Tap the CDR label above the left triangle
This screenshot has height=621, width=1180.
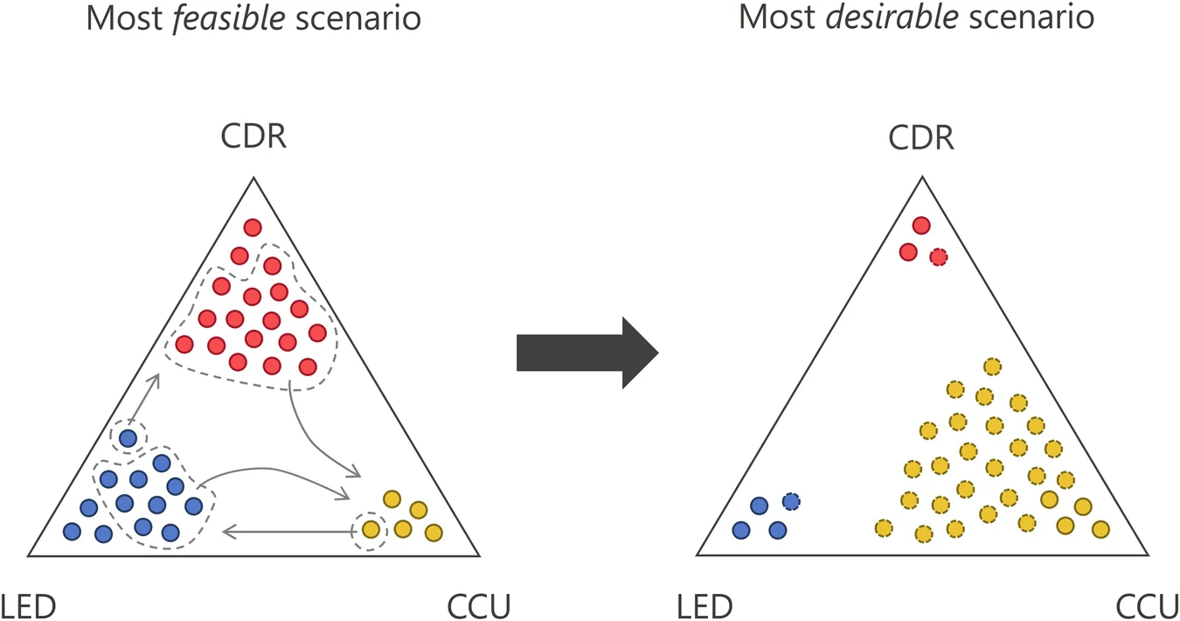click(x=253, y=136)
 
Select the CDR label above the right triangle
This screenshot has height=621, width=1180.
click(x=921, y=138)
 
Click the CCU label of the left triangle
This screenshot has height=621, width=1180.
click(x=478, y=605)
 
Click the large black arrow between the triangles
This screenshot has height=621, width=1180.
click(x=587, y=352)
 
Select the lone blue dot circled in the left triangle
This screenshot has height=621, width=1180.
click(x=128, y=437)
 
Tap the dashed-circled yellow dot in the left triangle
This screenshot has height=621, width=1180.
click(x=371, y=529)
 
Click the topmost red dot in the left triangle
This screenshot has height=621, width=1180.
click(x=253, y=227)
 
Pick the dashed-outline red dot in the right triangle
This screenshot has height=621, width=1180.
click(x=938, y=257)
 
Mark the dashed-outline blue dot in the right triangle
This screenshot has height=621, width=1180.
click(x=791, y=501)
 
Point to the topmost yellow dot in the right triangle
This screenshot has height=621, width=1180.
click(x=991, y=366)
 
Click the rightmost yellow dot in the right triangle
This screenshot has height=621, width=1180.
click(x=1100, y=528)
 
